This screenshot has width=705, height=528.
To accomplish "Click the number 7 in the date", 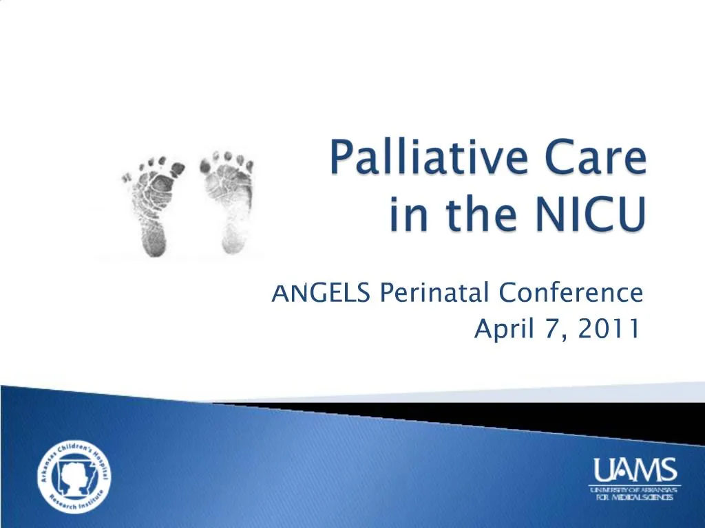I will [x=556, y=331].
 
